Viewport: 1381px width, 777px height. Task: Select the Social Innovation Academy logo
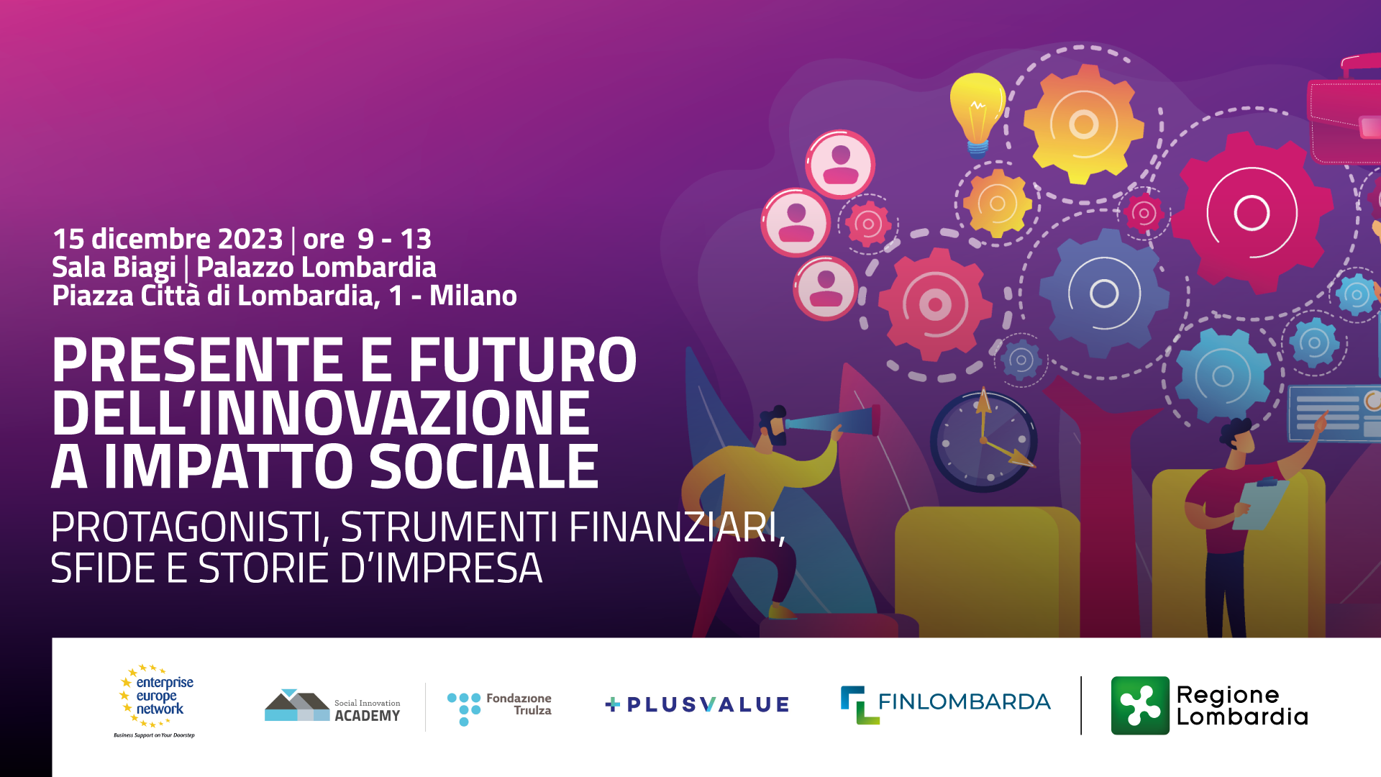332,706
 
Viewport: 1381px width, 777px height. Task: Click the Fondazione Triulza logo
499,709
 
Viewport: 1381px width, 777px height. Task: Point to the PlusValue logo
697,704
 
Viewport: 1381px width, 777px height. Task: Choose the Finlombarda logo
946,704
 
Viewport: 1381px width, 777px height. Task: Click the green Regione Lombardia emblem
1140,705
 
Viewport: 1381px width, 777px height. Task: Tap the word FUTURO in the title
523,360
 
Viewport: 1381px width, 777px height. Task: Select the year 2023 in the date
250,239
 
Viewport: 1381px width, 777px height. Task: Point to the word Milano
473,296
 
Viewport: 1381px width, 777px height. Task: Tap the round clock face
983,440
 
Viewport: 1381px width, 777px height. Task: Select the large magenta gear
1252,213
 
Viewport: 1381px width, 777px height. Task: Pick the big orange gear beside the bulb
1083,124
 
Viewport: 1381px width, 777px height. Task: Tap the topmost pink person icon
840,164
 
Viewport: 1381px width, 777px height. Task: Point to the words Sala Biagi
114,268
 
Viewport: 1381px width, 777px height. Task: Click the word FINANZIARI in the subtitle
676,527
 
